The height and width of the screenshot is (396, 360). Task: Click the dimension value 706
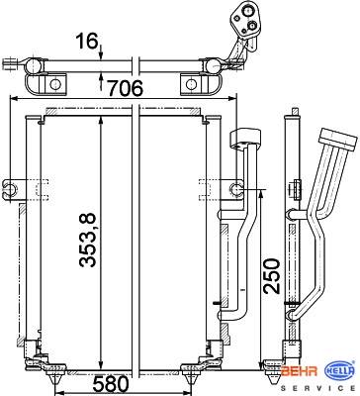126,88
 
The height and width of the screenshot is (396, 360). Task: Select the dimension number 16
87,42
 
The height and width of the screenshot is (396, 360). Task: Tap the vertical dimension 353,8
87,240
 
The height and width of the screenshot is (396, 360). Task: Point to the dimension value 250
271,276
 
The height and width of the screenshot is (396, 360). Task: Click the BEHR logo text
300,371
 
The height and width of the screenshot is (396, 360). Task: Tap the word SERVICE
317,388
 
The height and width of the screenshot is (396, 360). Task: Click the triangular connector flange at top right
246,20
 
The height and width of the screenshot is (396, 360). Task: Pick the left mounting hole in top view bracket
54,84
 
